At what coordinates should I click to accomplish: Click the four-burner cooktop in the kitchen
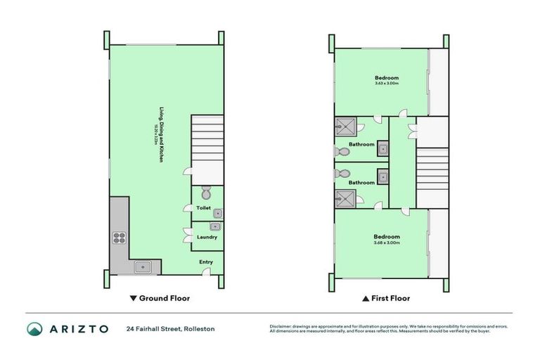pos(119,238)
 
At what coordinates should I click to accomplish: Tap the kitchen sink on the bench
pos(143,266)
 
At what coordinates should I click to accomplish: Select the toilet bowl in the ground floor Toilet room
pos(206,193)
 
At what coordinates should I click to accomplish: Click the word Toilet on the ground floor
pos(203,208)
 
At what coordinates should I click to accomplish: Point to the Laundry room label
pos(207,237)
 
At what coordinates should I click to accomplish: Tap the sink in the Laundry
pos(217,226)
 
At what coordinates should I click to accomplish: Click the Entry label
pos(206,262)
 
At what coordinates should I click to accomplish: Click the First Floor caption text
pos(390,298)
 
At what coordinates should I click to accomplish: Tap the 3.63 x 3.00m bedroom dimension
pos(387,84)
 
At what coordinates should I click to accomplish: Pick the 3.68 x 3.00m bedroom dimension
pos(387,243)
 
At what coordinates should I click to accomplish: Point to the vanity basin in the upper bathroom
pos(382,148)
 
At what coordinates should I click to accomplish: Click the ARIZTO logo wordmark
pos(77,328)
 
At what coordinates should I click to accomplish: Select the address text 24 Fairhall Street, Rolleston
pos(170,328)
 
